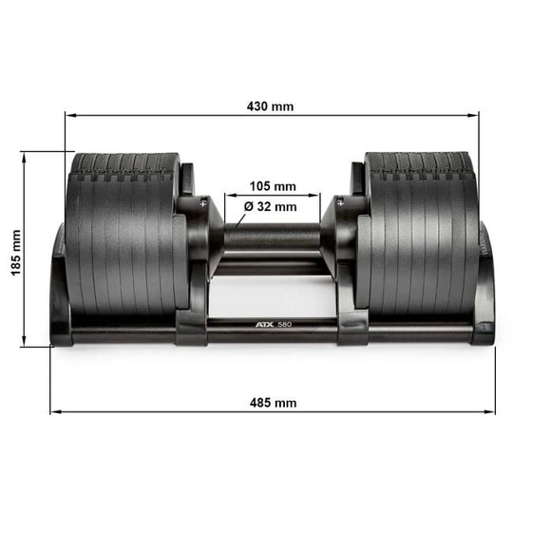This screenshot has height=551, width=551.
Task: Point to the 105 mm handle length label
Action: (273, 185)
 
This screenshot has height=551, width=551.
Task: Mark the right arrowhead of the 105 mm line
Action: (317, 196)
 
